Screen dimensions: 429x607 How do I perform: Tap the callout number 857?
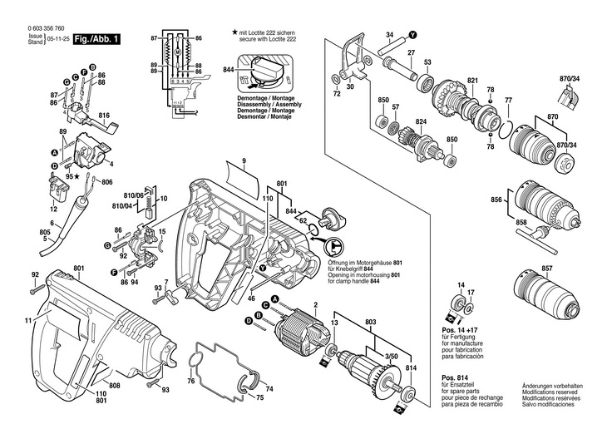click(546, 269)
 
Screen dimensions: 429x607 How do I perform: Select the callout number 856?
click(496, 200)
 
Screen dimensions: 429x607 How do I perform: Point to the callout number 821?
click(472, 80)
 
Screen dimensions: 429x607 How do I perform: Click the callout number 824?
click(421, 122)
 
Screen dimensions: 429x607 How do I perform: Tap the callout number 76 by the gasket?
click(190, 381)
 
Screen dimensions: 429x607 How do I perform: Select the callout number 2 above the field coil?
click(316, 306)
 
